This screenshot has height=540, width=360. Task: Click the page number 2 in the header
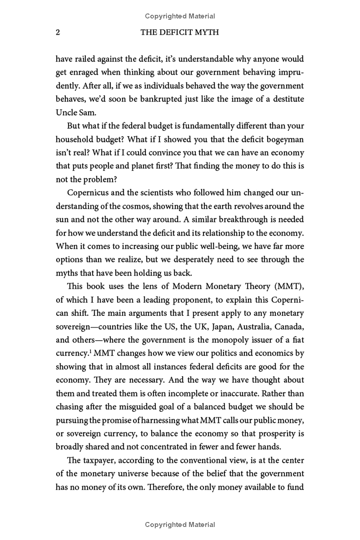[57, 32]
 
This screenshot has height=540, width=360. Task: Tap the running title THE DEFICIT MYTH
[180, 32]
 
